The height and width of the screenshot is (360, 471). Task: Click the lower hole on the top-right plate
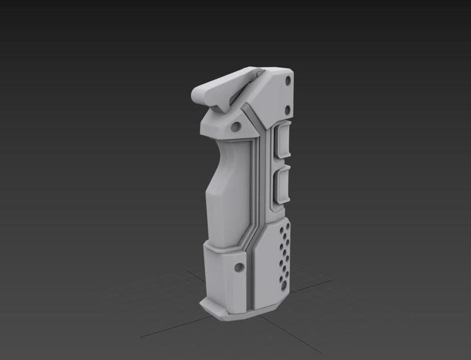(x=287, y=108)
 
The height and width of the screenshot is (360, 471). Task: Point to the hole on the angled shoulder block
(x=235, y=126)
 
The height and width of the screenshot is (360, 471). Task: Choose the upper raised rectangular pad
(x=281, y=142)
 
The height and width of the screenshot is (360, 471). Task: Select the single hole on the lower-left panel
(x=238, y=267)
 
